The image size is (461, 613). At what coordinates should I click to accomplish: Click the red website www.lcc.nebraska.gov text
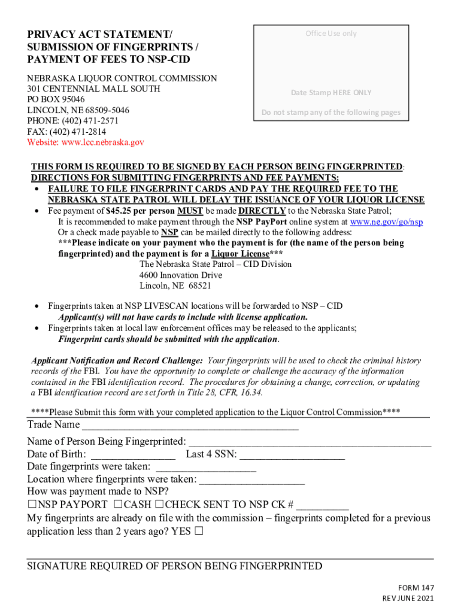86,142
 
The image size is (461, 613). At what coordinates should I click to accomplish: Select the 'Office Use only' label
330,34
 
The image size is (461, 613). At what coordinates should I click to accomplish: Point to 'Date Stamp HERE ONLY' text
331,93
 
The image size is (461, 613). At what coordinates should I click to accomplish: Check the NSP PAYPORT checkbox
32,505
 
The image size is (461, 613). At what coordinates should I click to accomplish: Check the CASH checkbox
118,505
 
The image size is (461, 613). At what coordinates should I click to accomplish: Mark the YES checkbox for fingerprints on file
198,531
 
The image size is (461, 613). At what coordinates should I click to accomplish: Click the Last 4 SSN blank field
292,456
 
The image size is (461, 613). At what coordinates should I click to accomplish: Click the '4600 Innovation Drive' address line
180,275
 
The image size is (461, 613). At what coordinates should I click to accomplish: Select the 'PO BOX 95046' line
56,99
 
